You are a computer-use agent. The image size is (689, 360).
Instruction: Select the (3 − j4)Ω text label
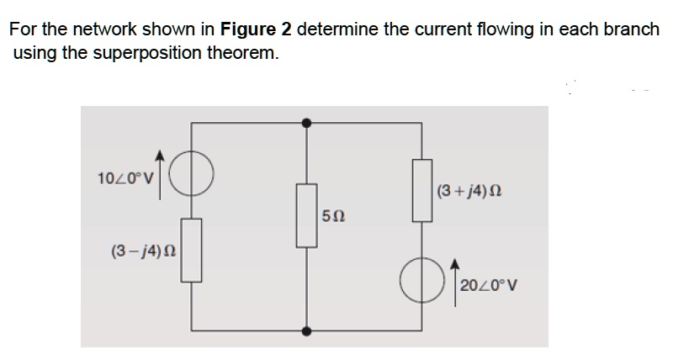pyautogui.click(x=139, y=251)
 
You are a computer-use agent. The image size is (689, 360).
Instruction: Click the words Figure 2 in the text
pyautogui.click(x=256, y=30)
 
